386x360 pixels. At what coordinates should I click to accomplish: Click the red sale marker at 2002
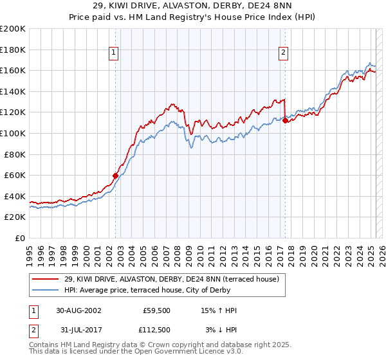click(116, 175)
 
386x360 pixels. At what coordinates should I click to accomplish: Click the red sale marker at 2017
click(285, 120)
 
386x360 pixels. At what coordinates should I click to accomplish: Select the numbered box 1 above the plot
click(113, 53)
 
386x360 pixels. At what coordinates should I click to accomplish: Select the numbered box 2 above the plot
click(283, 53)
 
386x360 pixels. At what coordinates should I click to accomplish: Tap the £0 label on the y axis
click(20, 238)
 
